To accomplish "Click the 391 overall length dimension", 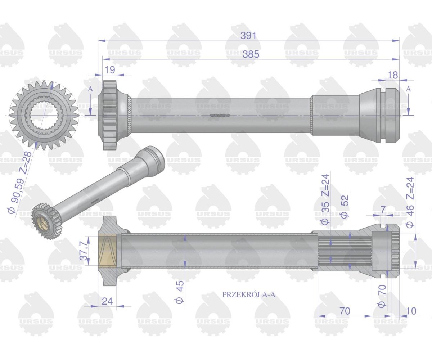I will click(x=248, y=36).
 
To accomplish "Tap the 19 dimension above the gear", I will click(x=110, y=69).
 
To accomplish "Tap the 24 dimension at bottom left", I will click(x=107, y=301).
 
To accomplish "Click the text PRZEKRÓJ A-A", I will click(x=249, y=294).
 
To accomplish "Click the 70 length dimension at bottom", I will click(x=345, y=311).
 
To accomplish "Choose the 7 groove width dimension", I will click(x=382, y=210).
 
